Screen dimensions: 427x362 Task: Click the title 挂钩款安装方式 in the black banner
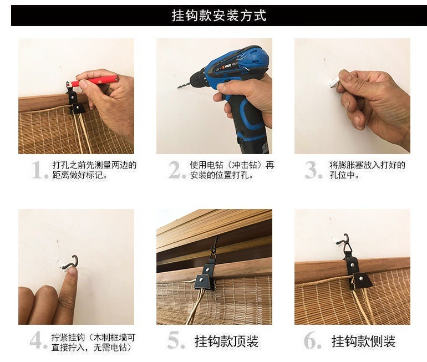pos(218,16)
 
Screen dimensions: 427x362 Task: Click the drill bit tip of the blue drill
pos(179,87)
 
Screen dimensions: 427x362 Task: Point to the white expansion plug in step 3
pos(334,82)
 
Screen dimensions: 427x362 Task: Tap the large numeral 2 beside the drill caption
pos(177,170)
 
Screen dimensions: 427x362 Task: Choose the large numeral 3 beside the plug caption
pos(313,170)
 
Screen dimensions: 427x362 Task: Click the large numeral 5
pos(176,340)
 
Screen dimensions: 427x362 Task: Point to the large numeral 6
pos(313,340)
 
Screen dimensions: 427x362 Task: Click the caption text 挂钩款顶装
pos(227,341)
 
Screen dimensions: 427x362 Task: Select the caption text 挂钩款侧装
pos(364,341)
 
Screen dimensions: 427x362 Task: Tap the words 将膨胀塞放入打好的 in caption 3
pos(367,165)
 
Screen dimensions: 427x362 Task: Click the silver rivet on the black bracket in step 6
pos(362,278)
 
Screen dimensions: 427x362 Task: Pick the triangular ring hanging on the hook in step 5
pos(213,257)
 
